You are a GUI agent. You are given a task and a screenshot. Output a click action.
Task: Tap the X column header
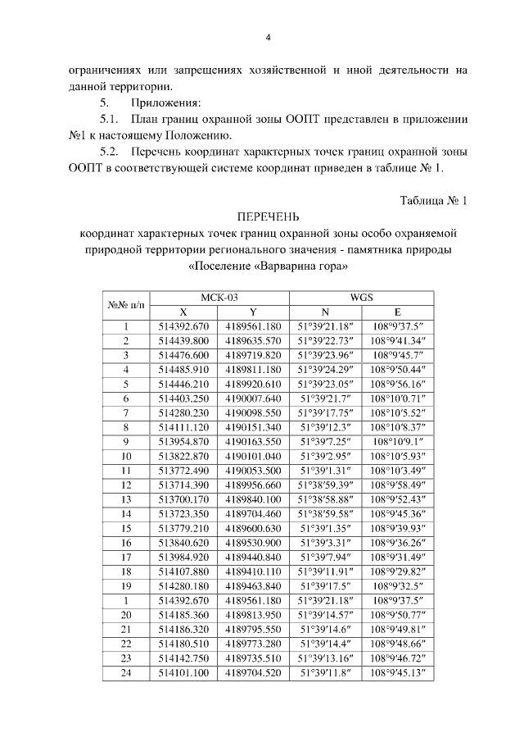(x=183, y=312)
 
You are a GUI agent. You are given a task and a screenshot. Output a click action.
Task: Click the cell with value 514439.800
(x=183, y=340)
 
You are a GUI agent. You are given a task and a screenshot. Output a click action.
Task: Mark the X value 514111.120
(x=183, y=426)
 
